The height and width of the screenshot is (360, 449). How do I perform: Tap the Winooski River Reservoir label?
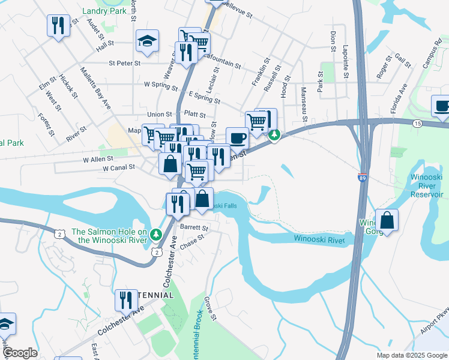(x=427, y=185)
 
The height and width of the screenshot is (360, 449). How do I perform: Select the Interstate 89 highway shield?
(x=362, y=178)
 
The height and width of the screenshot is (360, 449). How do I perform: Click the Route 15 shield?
(x=417, y=123)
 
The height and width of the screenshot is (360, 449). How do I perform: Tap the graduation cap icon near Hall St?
(x=145, y=41)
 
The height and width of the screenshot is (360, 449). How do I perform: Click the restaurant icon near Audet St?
(x=58, y=25)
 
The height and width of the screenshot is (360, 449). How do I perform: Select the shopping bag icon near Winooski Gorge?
(x=387, y=220)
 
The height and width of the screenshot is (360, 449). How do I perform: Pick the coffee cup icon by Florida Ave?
(x=442, y=106)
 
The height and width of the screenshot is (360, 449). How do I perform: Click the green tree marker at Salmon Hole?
(x=156, y=233)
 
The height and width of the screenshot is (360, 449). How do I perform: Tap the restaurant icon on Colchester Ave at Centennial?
(x=125, y=299)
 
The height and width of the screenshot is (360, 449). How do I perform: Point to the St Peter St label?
(x=125, y=62)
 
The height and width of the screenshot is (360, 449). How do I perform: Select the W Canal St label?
(x=118, y=169)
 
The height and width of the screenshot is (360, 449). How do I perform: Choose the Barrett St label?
(x=194, y=229)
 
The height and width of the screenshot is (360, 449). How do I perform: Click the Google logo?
(x=20, y=353)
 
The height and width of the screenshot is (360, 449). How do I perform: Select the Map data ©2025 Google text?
(x=411, y=355)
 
